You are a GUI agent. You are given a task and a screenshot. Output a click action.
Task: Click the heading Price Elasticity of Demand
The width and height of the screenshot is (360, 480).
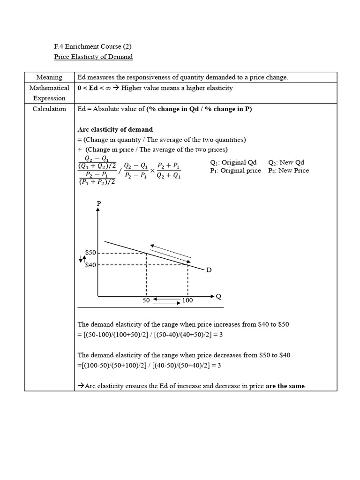click(94, 57)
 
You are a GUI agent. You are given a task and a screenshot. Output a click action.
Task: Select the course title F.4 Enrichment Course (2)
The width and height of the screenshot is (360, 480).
click(93, 46)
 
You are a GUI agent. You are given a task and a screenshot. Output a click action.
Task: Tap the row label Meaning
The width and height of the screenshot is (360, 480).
click(49, 77)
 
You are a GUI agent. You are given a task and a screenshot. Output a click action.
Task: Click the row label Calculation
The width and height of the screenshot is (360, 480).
click(49, 109)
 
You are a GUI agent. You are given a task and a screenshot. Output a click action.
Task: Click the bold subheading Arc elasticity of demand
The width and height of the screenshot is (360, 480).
click(115, 129)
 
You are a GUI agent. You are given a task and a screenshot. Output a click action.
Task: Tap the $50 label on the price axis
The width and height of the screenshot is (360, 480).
click(90, 253)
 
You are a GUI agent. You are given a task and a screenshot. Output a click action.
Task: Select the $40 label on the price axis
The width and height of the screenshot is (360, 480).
click(90, 265)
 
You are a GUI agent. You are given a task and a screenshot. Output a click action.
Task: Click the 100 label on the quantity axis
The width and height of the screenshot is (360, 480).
click(187, 300)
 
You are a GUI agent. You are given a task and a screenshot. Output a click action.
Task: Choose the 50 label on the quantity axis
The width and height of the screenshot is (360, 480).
click(146, 300)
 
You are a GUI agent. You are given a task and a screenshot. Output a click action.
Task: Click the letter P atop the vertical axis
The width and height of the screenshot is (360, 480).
click(98, 203)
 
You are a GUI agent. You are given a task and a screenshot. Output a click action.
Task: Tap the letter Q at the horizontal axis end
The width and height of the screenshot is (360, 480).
click(218, 296)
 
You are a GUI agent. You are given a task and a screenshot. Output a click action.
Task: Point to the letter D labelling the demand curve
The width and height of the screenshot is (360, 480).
click(209, 270)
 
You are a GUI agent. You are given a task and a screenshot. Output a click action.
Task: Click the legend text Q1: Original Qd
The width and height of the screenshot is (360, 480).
click(233, 163)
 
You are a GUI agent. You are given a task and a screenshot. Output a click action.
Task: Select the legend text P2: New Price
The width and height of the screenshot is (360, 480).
click(288, 171)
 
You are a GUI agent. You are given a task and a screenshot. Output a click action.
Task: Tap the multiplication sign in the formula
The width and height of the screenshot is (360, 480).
click(152, 171)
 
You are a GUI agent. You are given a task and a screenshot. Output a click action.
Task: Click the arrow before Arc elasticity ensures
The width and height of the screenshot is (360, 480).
click(80, 386)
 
